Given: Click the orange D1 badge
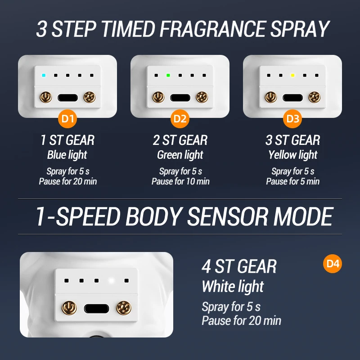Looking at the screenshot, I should tap(67, 119).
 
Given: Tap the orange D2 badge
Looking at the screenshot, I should tap(180, 119).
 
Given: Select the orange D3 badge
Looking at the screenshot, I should tap(292, 119).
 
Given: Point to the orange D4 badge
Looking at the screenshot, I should tap(333, 263).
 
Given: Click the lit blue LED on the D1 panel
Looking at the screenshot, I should tap(43, 75).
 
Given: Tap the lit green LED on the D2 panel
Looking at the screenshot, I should tap(168, 75).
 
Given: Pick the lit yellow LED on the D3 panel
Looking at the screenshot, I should tap(292, 75).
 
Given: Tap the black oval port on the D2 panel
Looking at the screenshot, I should tap(180, 97).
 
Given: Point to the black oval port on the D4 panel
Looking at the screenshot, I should tap(96, 309).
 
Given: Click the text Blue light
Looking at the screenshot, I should tap(67, 155).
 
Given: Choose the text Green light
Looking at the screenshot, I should tap(180, 155).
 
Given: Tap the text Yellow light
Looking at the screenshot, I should tap(293, 155).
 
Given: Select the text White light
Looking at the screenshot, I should tap(233, 287).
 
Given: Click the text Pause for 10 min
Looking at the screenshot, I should tap(180, 181).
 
